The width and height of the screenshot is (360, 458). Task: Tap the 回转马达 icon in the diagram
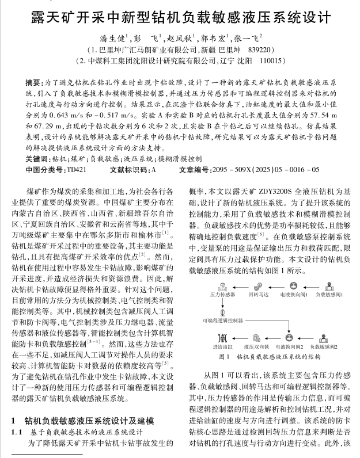[256, 285]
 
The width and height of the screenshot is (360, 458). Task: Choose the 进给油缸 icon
[221, 339]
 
